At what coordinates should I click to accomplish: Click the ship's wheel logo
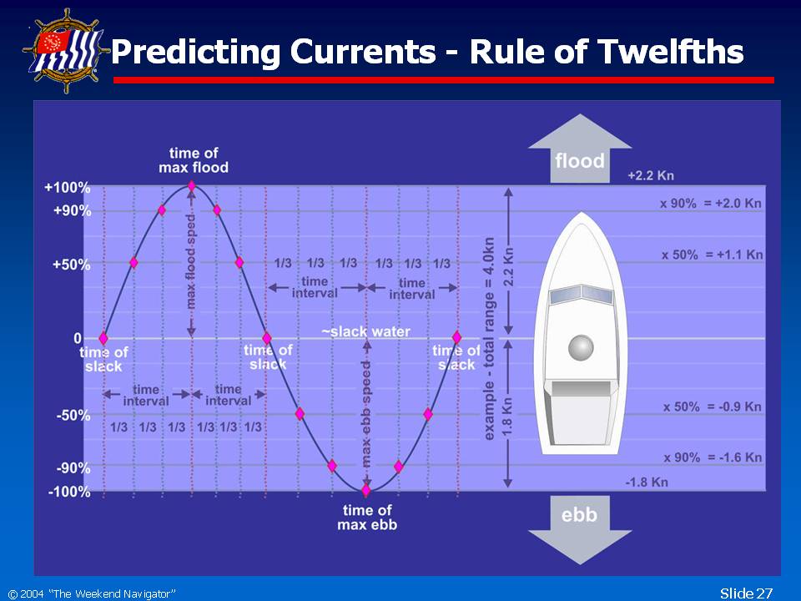coord(67,51)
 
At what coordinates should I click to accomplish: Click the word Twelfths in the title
coord(671,51)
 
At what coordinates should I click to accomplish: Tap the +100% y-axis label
coord(68,188)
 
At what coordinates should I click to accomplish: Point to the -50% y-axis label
coord(73,415)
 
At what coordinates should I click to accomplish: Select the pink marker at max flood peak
coord(192,185)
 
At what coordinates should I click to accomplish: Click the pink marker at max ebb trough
coord(365,491)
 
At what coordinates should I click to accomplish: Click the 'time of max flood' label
coord(194,160)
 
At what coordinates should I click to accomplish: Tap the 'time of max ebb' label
coord(367,518)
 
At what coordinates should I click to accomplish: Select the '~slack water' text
coord(365,331)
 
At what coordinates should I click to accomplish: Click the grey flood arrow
coord(580,149)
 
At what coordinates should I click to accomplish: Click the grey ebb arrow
coord(580,530)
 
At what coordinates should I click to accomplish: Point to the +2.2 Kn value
coord(651,176)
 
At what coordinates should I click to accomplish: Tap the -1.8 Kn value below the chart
coord(647,482)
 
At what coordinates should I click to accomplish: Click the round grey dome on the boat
coord(581,347)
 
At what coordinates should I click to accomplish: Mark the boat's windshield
coord(581,295)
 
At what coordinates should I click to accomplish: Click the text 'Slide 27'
coord(746,593)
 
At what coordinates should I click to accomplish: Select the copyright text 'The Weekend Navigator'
coord(112,593)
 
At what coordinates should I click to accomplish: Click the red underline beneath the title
coord(443,80)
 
